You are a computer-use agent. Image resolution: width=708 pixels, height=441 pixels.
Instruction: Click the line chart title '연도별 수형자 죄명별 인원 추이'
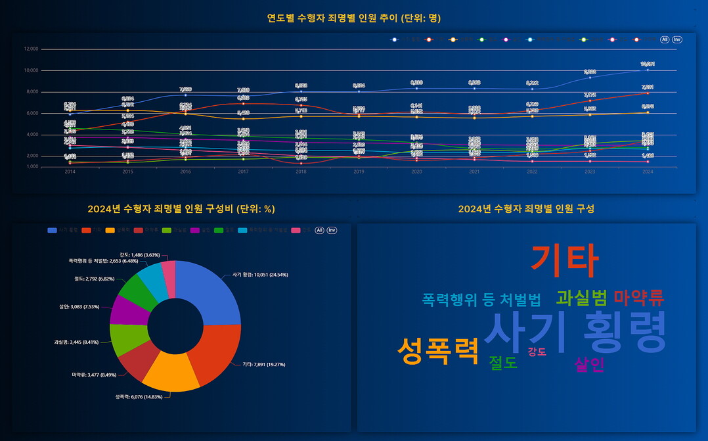(x=353, y=18)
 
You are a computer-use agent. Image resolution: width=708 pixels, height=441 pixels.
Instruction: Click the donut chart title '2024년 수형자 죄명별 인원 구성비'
(x=181, y=209)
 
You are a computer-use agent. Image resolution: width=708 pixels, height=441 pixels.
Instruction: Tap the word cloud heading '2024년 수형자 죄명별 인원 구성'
(x=526, y=209)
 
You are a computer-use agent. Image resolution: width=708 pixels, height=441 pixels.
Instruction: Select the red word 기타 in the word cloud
(x=564, y=260)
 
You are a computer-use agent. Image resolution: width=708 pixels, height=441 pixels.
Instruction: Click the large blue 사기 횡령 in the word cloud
(x=575, y=332)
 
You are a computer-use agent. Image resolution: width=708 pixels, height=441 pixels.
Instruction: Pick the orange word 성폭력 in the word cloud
(x=438, y=350)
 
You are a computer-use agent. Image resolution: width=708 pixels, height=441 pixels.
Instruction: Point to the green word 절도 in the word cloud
(x=503, y=363)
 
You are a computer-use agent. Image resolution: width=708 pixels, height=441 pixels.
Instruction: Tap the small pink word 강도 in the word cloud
(x=537, y=352)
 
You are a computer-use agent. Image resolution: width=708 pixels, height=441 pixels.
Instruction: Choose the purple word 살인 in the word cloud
(x=589, y=365)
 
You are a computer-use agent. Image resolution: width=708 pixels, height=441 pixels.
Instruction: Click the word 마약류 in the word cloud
(x=638, y=298)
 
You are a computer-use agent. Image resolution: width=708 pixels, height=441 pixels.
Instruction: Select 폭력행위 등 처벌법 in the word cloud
(x=481, y=300)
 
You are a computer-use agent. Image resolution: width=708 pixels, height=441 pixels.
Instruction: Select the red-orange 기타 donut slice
(x=214, y=352)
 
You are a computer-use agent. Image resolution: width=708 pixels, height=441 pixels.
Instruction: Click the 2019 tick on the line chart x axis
(x=359, y=172)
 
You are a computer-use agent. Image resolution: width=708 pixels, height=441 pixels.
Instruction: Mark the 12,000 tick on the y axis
(x=31, y=49)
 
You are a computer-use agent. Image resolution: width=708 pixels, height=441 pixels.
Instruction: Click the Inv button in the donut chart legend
(x=332, y=230)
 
